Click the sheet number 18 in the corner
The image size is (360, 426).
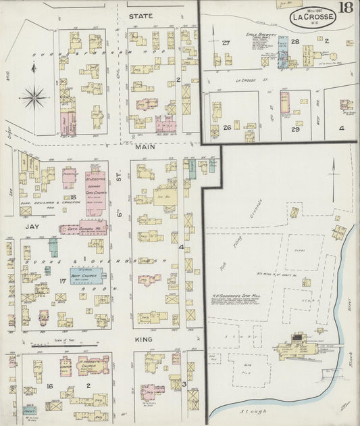[x=345, y=8]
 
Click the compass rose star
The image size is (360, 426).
[x=33, y=98]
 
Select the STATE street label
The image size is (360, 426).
[x=142, y=16]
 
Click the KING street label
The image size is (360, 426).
[x=143, y=339]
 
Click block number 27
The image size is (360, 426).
[x=226, y=43]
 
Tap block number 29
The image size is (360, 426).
[x=295, y=128]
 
